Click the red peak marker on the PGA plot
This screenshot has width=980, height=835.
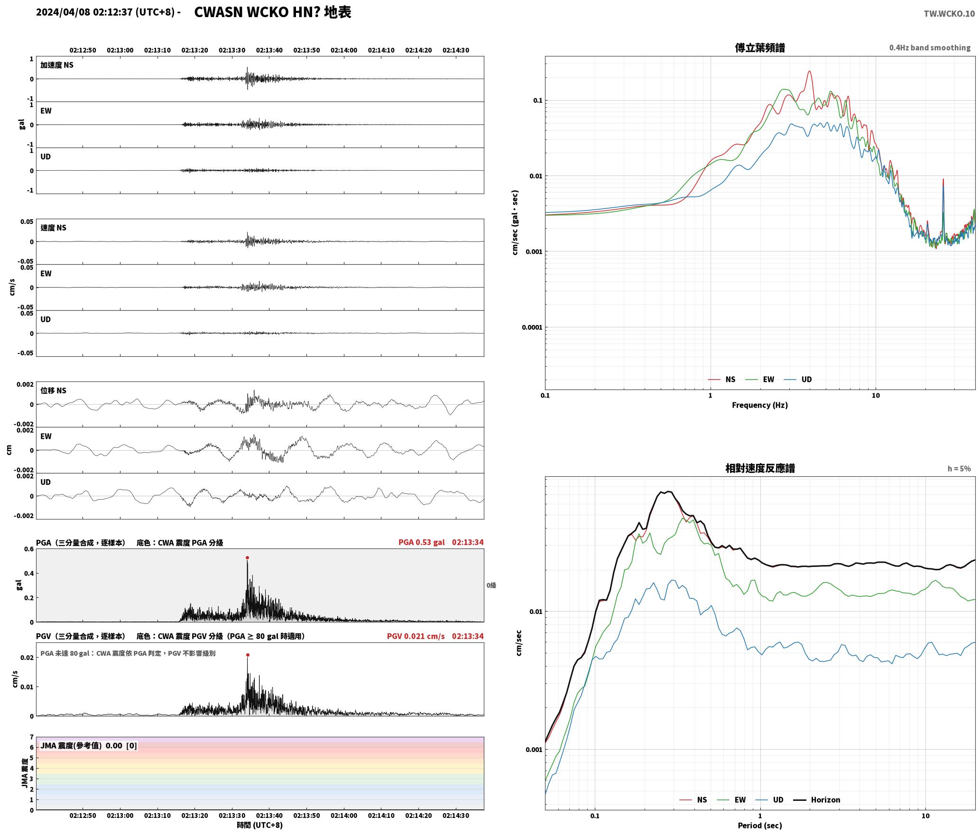click(247, 558)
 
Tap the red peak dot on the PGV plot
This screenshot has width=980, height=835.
click(247, 655)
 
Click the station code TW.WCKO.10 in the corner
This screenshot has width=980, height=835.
click(949, 14)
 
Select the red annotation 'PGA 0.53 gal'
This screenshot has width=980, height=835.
click(421, 542)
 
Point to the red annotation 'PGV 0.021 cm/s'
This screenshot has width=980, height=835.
click(416, 636)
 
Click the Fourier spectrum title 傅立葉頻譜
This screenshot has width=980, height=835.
click(760, 47)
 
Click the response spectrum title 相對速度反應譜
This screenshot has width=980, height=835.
click(760, 468)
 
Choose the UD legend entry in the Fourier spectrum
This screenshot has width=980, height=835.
click(798, 380)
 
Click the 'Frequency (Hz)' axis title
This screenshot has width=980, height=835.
click(760, 405)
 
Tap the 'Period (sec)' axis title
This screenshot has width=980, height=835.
click(760, 826)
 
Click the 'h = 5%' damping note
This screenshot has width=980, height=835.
click(959, 469)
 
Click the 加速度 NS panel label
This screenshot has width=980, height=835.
click(57, 65)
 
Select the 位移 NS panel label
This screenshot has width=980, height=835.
click(53, 390)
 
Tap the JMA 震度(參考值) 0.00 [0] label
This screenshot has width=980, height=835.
click(89, 746)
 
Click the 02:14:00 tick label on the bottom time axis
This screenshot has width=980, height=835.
click(344, 816)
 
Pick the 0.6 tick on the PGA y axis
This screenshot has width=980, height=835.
click(29, 549)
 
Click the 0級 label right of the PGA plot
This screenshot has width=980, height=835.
click(491, 585)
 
